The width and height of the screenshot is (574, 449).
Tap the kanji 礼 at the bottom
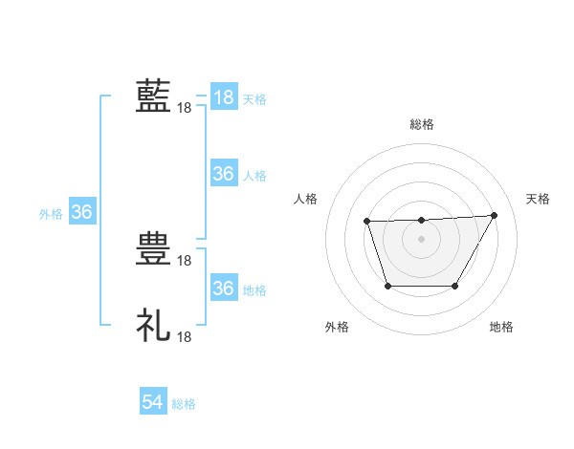153,325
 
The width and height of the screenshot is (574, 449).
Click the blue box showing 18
223,97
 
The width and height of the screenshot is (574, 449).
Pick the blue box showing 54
153,403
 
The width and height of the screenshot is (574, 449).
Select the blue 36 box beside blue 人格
223,174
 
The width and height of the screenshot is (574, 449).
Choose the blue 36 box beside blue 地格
223,289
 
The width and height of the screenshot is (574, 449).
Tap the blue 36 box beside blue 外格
81,212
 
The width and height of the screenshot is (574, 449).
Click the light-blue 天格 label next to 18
254,99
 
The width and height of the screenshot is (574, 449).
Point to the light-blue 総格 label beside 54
184,404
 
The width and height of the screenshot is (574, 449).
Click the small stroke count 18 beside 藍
185,108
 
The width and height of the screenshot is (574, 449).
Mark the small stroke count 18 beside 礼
185,337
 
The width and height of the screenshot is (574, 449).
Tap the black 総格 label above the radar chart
422,124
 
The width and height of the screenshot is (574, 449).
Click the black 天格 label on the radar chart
538,199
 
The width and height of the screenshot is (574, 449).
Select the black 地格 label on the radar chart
501,327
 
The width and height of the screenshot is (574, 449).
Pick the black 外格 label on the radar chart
337,327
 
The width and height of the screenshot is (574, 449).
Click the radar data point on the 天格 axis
495,215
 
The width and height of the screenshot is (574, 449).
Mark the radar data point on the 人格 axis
367,222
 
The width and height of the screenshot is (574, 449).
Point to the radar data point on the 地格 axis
455,286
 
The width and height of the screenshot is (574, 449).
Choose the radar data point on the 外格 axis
386,286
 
